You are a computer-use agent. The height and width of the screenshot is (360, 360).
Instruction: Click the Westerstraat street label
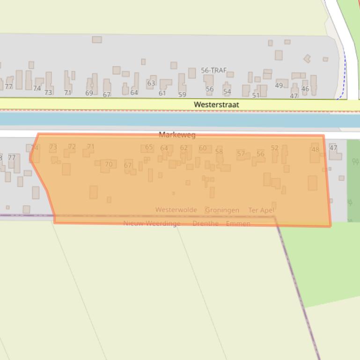click(216, 105)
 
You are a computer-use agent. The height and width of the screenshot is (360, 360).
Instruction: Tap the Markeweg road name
click(177, 135)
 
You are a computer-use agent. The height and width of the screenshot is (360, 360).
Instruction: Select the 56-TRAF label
click(213, 70)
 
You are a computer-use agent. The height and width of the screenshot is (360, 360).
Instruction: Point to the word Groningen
click(222, 210)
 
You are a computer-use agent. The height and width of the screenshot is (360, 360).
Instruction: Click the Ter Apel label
click(261, 210)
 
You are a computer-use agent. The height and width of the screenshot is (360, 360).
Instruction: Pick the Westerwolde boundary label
click(176, 210)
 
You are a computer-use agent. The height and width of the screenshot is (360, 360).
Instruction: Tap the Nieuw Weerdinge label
click(152, 223)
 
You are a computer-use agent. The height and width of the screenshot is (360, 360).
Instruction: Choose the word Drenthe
click(206, 223)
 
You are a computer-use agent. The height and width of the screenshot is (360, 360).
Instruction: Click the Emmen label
click(238, 223)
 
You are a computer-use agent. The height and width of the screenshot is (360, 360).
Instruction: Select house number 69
click(89, 93)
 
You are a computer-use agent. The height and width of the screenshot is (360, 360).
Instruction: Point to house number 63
click(151, 83)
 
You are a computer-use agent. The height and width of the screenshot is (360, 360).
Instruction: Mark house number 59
click(182, 94)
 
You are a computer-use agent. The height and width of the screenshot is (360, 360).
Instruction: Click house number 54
click(227, 92)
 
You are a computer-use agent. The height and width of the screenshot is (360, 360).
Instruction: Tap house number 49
click(279, 86)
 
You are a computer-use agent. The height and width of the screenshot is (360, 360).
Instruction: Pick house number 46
click(305, 89)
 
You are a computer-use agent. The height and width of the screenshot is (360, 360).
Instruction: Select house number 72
click(72, 146)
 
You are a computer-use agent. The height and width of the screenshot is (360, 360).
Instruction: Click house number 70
click(109, 164)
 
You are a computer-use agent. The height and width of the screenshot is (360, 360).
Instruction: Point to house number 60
click(202, 148)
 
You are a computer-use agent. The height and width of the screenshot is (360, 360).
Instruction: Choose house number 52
click(274, 148)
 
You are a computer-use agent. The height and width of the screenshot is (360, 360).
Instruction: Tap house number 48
click(315, 150)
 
